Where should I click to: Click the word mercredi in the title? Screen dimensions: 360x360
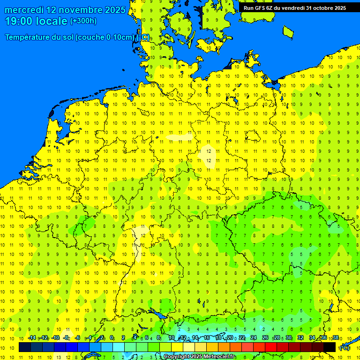(24, 10)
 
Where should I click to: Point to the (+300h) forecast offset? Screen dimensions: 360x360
(83, 21)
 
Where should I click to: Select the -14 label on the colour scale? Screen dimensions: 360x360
(32, 338)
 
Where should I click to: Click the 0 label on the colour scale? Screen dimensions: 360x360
(112, 338)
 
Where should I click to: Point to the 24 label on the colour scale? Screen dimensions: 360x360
(254, 338)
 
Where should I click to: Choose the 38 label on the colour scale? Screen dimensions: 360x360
(336, 338)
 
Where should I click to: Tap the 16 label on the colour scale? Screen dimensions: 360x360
(207, 338)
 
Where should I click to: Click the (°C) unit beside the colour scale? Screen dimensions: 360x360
(345, 347)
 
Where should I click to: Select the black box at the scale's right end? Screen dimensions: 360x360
(330, 347)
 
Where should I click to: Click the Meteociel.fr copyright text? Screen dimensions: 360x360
(216, 357)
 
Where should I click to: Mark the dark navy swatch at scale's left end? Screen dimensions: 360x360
(25, 347)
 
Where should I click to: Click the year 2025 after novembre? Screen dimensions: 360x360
(113, 10)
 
